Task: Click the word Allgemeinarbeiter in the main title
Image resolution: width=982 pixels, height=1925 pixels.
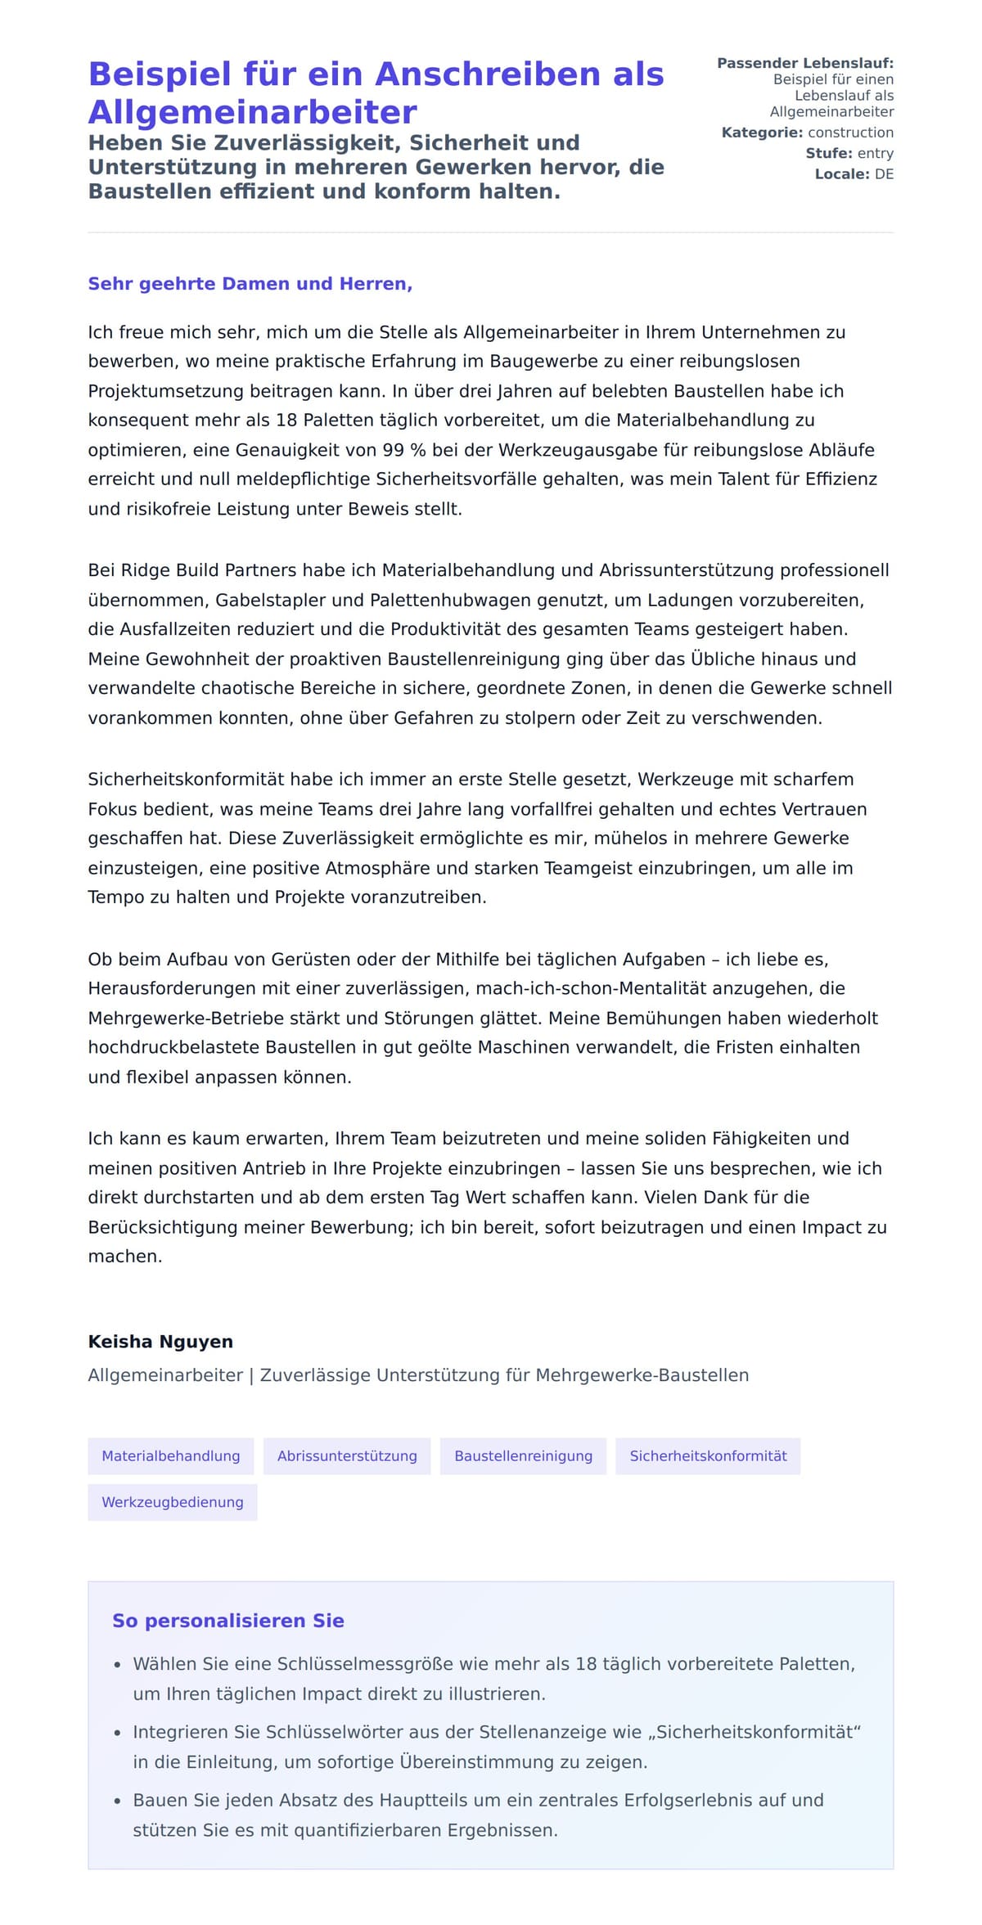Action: pyautogui.click(x=252, y=112)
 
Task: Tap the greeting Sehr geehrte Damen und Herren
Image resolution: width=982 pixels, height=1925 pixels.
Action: pyautogui.click(x=250, y=284)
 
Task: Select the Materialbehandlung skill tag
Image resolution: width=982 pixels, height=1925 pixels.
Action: pyautogui.click(x=170, y=1455)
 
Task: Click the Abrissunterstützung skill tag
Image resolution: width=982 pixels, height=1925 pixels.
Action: pyautogui.click(x=347, y=1455)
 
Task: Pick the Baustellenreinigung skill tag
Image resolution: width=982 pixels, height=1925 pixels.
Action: pyautogui.click(x=523, y=1455)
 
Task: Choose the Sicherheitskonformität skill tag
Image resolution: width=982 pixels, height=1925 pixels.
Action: pyautogui.click(x=708, y=1455)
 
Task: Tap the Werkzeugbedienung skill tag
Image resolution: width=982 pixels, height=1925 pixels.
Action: pyautogui.click(x=172, y=1502)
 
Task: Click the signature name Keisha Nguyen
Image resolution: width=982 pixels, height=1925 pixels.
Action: pyautogui.click(x=160, y=1342)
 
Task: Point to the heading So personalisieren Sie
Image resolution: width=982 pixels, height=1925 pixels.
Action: pyautogui.click(x=227, y=1621)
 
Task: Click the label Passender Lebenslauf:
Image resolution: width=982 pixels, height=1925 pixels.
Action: pyautogui.click(x=804, y=63)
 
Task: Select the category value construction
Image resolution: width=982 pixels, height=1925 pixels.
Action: pyautogui.click(x=850, y=133)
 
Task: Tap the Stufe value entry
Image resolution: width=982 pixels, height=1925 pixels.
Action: pyautogui.click(x=875, y=153)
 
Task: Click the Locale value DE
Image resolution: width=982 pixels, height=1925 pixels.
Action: pyautogui.click(x=884, y=174)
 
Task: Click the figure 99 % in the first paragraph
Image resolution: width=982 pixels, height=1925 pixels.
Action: pyautogui.click(x=405, y=450)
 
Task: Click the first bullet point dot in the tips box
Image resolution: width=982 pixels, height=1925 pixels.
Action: pyautogui.click(x=117, y=1665)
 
